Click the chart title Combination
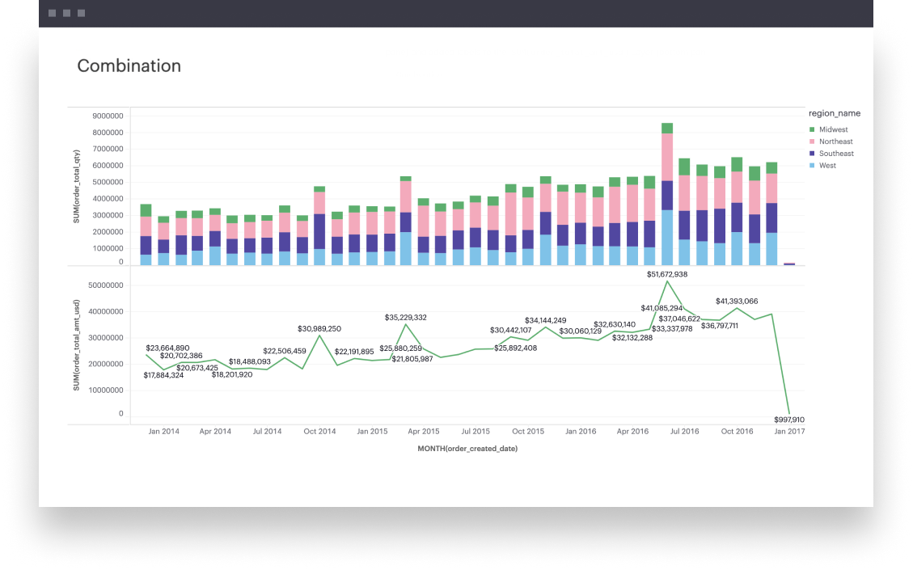[x=129, y=66]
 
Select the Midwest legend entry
[x=833, y=129]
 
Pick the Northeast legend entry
[x=835, y=141]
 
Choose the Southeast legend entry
[x=836, y=154]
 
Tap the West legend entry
[x=827, y=166]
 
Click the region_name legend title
[x=834, y=114]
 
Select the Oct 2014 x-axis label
[x=319, y=432]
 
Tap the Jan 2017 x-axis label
[x=788, y=432]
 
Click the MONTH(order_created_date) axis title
[x=467, y=449]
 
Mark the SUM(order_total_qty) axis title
[x=77, y=186]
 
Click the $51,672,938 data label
[x=667, y=275]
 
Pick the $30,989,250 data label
[x=319, y=329]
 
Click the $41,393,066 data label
[x=737, y=302]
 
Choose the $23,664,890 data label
[x=167, y=348]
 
